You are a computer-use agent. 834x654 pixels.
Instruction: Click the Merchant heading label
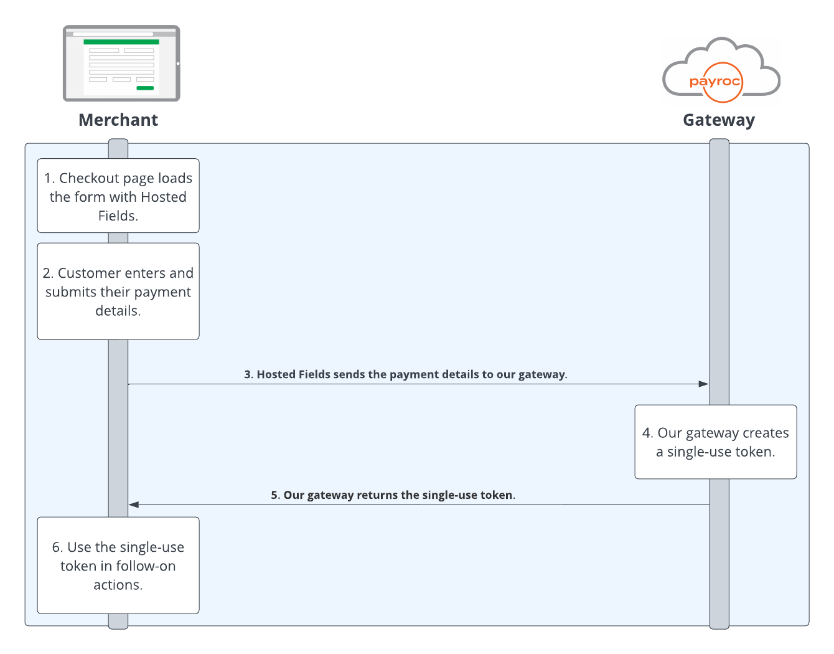click(118, 120)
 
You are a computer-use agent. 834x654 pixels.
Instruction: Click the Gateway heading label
click(718, 120)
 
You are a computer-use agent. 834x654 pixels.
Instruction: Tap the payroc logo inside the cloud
click(716, 82)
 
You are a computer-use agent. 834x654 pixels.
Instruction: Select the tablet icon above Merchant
click(121, 64)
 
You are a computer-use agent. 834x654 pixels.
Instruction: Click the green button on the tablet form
click(145, 88)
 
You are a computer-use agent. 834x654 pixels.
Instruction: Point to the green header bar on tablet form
click(121, 42)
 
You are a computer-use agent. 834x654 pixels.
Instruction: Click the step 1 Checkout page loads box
click(118, 196)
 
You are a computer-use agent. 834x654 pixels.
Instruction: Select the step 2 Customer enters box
click(118, 291)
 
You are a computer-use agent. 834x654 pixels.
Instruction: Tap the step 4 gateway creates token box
click(716, 442)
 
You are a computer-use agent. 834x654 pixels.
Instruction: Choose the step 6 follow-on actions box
click(118, 566)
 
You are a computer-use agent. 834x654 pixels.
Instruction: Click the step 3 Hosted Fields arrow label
click(405, 374)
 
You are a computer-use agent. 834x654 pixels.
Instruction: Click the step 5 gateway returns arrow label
click(393, 495)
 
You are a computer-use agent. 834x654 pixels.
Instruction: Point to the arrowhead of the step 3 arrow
click(704, 384)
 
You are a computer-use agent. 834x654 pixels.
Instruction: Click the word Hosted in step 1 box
click(164, 197)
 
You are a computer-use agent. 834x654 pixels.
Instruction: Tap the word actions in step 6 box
click(118, 585)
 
